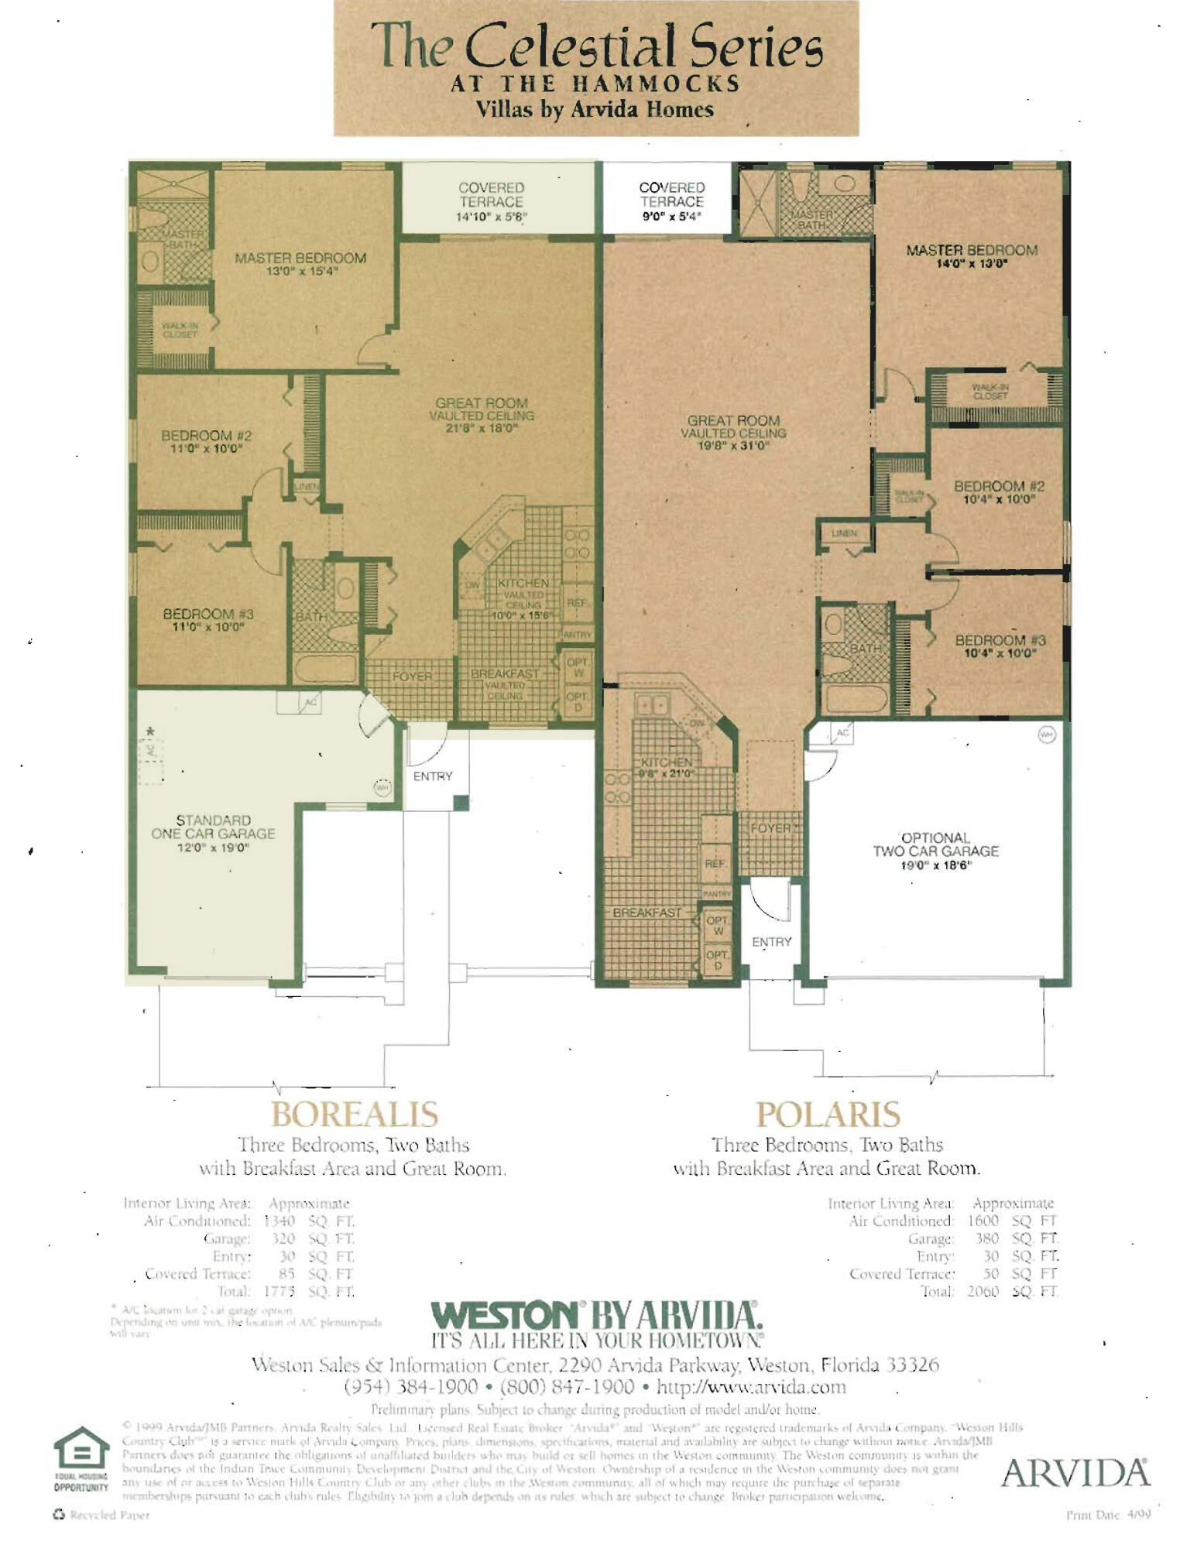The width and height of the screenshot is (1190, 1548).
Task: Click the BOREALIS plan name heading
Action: pyautogui.click(x=354, y=1115)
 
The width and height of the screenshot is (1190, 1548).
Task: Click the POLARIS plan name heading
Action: pyautogui.click(x=828, y=1115)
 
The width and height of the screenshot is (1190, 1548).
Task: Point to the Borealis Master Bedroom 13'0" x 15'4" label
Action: pyautogui.click(x=300, y=264)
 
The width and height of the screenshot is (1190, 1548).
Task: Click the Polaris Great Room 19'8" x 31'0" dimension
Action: pyautogui.click(x=732, y=447)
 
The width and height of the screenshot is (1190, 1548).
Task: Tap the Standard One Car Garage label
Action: pyautogui.click(x=213, y=833)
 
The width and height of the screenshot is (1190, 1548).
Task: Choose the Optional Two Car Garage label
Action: pyautogui.click(x=935, y=851)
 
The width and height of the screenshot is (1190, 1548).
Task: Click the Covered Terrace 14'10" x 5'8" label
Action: pyautogui.click(x=491, y=202)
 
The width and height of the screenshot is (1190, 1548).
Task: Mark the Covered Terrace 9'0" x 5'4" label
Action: pyautogui.click(x=671, y=201)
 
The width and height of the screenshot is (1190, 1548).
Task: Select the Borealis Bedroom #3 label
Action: pyautogui.click(x=207, y=619)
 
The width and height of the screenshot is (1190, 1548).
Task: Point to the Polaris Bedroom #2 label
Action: pyautogui.click(x=999, y=492)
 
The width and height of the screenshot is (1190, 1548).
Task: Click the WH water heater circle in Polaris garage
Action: pyautogui.click(x=1047, y=735)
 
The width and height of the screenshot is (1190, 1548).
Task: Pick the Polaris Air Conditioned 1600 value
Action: pyautogui.click(x=983, y=1221)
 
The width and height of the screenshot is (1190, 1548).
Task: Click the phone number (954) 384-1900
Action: pyautogui.click(x=410, y=1386)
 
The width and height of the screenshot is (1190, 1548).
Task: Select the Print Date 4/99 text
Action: pyautogui.click(x=1108, y=1515)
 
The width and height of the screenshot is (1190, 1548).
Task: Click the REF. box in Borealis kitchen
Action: pyautogui.click(x=577, y=602)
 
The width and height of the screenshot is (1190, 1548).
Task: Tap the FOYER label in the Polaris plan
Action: pyautogui.click(x=770, y=828)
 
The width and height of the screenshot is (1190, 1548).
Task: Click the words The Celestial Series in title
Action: pyautogui.click(x=595, y=46)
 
